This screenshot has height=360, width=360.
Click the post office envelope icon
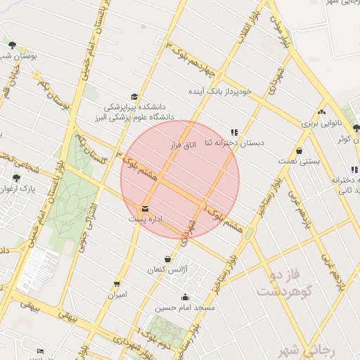pos(146,209)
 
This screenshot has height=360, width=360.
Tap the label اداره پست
pos(146,219)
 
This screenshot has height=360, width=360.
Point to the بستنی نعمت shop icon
pos(300,150)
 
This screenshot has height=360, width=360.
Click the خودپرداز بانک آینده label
pos(218,91)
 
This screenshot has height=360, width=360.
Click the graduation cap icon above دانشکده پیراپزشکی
pos(134,97)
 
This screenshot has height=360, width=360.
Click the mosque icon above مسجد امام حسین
pos(186,297)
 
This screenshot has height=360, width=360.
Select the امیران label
pos(117,295)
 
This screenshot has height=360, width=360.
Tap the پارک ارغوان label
pos(17,189)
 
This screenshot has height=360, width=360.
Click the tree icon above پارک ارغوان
pos(17,179)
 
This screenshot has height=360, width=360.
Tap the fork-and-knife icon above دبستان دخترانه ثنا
pos(234,131)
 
